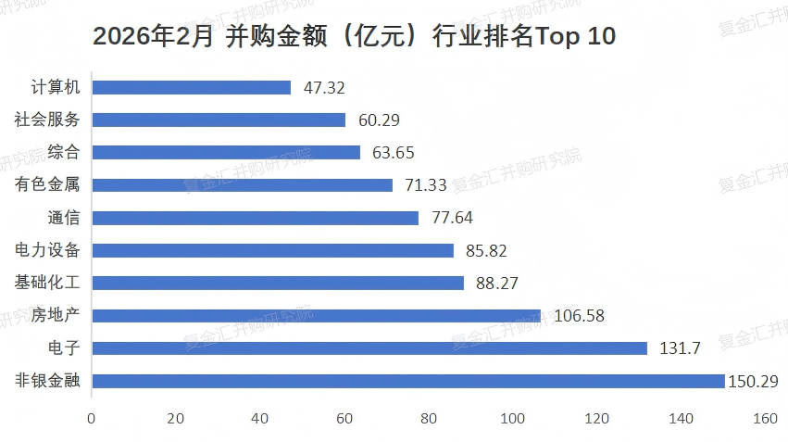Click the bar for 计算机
(x=191, y=87)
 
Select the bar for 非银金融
(x=407, y=381)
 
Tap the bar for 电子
(x=369, y=348)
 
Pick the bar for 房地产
(x=316, y=316)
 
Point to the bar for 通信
(x=255, y=218)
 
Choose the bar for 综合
(x=225, y=152)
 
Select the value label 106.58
(x=579, y=316)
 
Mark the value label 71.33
(x=426, y=185)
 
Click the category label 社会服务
(x=47, y=120)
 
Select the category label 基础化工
(x=47, y=283)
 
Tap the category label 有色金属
(x=47, y=185)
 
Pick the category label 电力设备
(x=47, y=250)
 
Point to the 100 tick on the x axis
(x=513, y=419)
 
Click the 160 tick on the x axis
(x=765, y=419)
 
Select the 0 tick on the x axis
(x=91, y=419)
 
